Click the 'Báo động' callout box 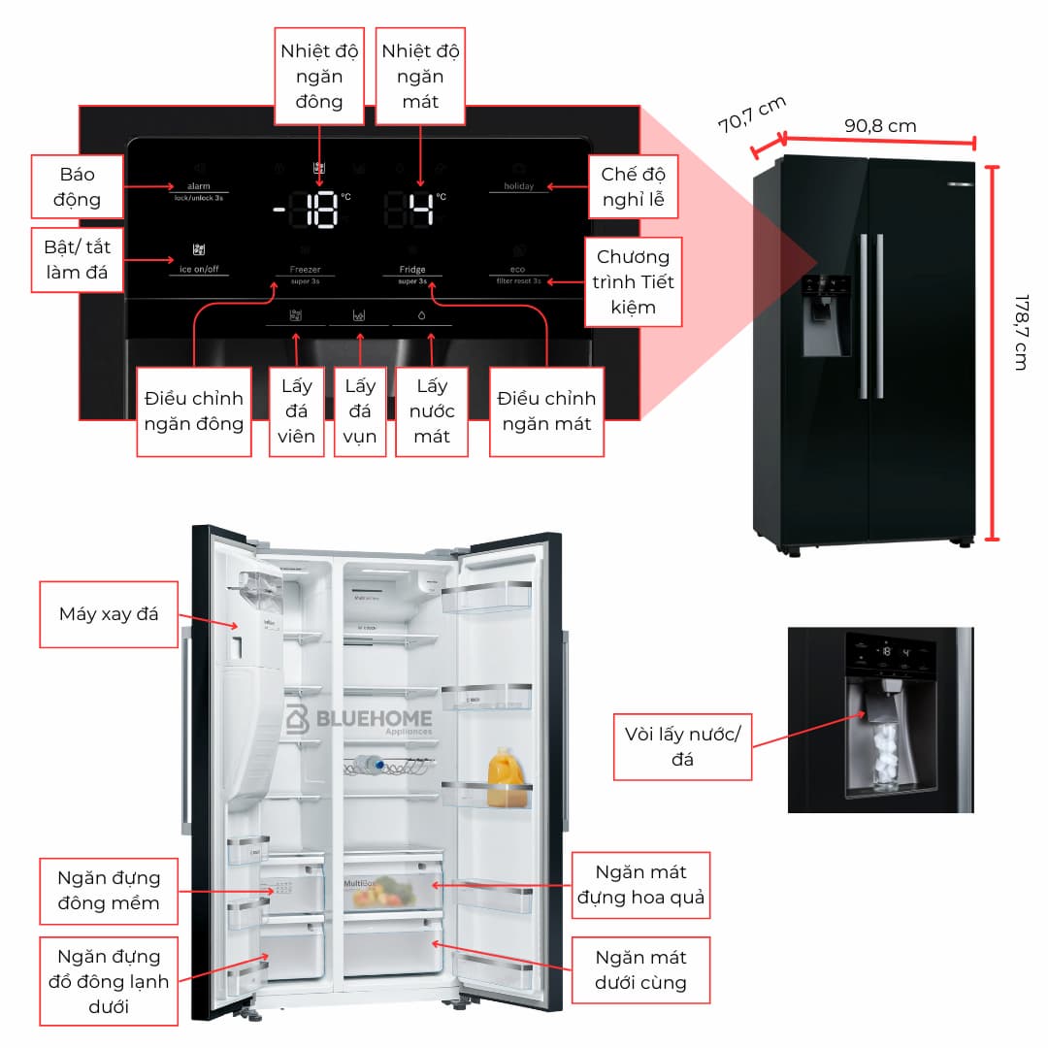(79, 186)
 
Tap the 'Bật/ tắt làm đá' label (78, 260)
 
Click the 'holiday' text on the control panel (518, 186)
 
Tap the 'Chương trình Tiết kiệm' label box (634, 281)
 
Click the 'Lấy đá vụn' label (360, 411)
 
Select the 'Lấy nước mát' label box (432, 411)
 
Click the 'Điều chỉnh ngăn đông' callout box (194, 410)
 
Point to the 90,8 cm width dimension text (879, 126)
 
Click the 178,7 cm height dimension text (1020, 331)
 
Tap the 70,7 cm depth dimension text (751, 115)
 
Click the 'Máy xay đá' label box (108, 614)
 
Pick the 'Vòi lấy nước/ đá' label (682, 746)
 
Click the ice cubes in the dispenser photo (886, 748)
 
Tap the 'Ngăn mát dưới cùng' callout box (640, 969)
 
